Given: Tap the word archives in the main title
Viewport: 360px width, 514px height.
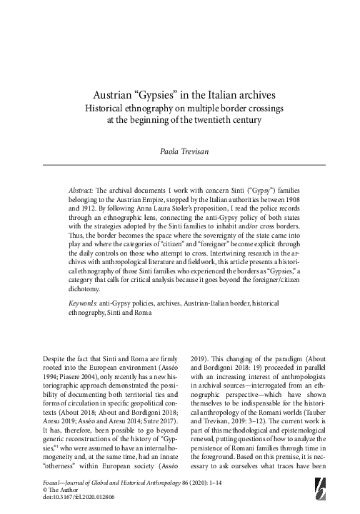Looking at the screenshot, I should tap(245, 94).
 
